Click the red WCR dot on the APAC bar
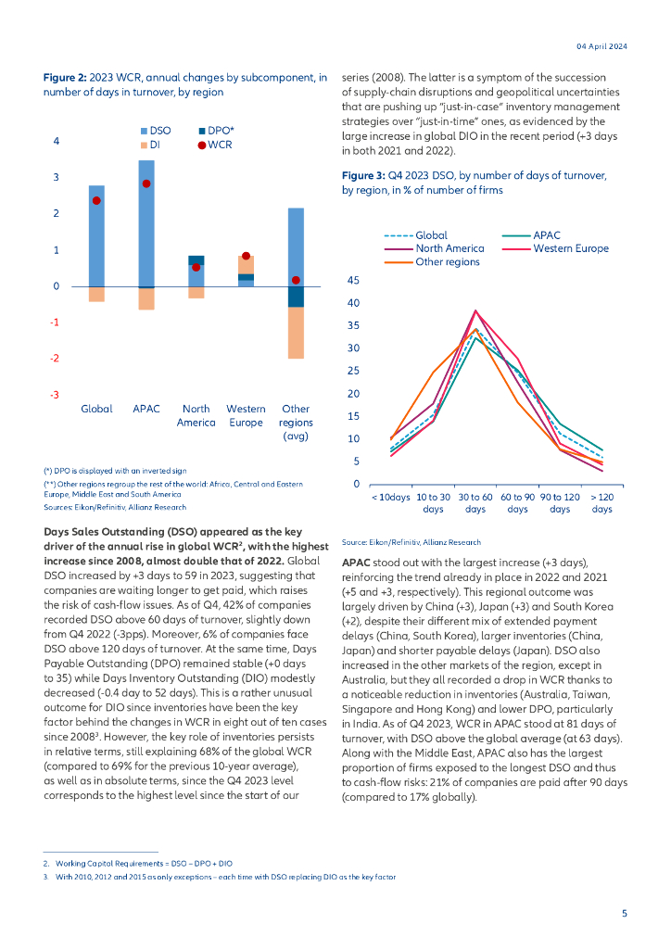point(146,183)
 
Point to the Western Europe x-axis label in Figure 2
point(246,415)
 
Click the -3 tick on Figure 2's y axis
point(55,395)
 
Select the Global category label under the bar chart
point(96,409)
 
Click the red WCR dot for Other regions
point(296,280)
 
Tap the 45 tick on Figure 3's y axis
point(353,280)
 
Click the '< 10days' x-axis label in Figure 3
point(390,498)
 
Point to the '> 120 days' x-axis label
point(601,503)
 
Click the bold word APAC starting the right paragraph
point(357,563)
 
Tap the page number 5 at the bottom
point(624,913)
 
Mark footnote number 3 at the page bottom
point(45,876)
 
